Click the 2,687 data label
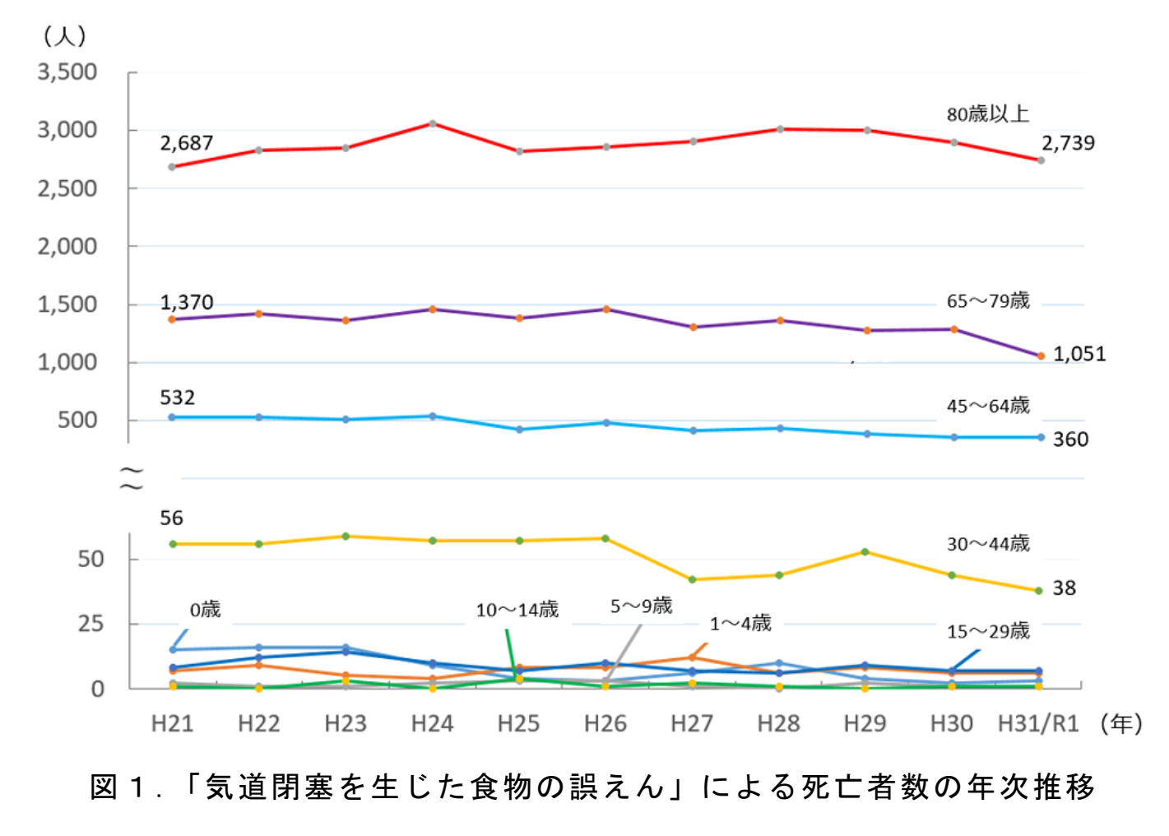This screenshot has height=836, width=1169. point(187,143)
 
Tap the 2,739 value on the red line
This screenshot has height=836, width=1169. point(1068,143)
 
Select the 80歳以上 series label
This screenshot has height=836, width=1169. point(987,114)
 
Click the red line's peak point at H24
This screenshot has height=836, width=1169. point(433,124)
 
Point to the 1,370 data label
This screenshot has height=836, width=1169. point(187,303)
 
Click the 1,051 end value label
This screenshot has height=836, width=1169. point(1079,355)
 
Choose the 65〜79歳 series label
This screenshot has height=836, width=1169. point(988,301)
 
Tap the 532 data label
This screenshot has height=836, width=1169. point(178,398)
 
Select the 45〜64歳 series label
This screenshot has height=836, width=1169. point(988,406)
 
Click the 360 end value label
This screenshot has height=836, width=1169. point(1070,439)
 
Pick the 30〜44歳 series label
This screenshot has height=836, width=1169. point(988,544)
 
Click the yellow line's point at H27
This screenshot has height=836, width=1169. point(693,580)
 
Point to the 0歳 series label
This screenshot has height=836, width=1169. point(205,610)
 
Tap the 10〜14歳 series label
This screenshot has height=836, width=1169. point(517,611)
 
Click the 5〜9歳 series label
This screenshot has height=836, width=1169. point(641,606)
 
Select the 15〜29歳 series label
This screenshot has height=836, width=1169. point(988,631)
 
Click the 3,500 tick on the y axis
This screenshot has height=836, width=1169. point(67,72)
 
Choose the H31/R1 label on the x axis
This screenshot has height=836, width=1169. point(1037,724)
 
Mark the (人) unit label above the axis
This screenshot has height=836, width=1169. point(64,35)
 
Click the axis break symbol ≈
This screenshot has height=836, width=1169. point(132,478)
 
